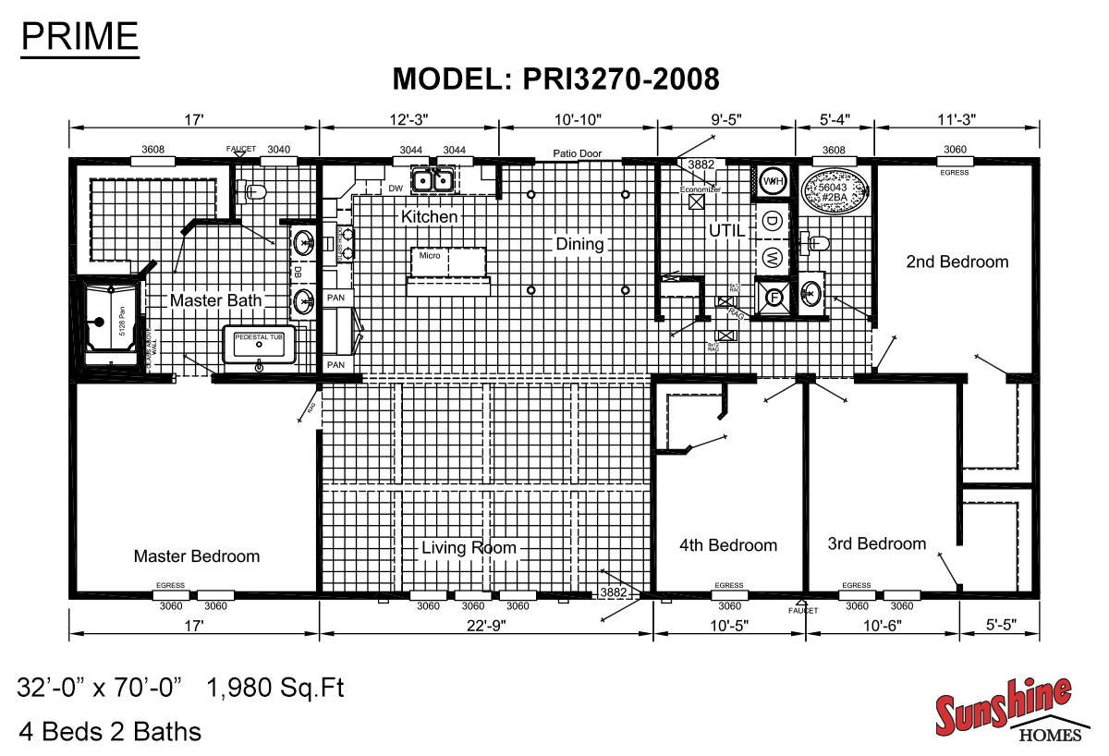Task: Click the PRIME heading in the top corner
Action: (x=79, y=36)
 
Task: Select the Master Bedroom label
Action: (x=197, y=555)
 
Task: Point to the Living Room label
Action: (x=469, y=547)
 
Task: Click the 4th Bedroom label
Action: (x=728, y=544)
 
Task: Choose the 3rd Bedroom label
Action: (x=876, y=543)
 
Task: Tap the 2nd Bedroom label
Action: (x=957, y=262)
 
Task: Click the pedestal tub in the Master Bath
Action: (x=263, y=345)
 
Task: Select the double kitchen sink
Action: (x=432, y=180)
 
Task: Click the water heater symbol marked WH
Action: (x=772, y=181)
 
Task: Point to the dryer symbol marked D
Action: (x=772, y=220)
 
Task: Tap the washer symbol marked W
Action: (x=772, y=255)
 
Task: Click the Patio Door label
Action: (x=578, y=153)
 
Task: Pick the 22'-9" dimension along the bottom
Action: (x=486, y=624)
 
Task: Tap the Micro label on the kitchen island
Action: (x=430, y=256)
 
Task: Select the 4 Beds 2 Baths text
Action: (x=109, y=732)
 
